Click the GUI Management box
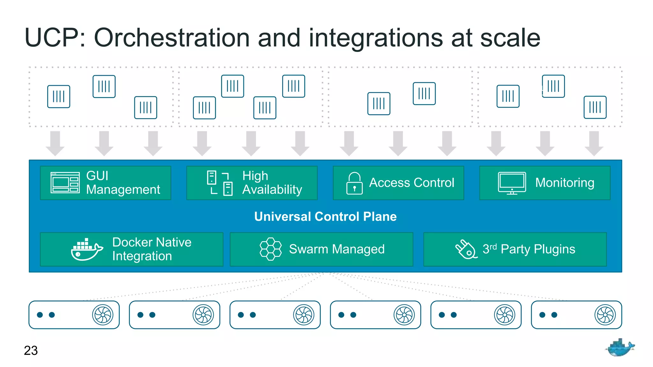[105, 183]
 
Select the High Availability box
[252, 183]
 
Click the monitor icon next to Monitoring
[512, 183]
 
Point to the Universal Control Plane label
[325, 217]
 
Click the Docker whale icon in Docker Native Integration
[86, 249]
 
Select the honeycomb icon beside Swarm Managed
[270, 249]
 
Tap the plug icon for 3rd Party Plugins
[466, 249]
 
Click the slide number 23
[31, 350]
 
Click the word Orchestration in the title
[172, 38]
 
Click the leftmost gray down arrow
[55, 143]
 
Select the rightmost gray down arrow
[594, 143]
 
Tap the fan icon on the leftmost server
[103, 315]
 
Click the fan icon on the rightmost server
[605, 315]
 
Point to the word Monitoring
[564, 183]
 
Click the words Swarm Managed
[336, 249]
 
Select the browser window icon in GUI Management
[65, 183]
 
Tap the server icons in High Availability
[220, 183]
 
